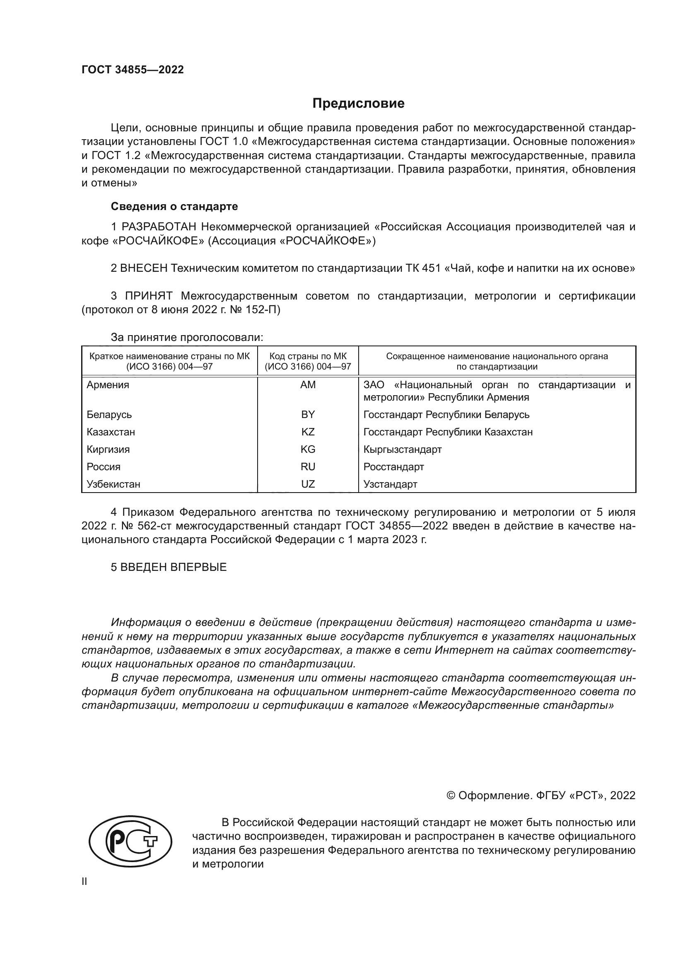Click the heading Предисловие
(x=358, y=104)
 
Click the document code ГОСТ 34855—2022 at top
(x=133, y=70)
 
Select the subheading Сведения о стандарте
(x=174, y=206)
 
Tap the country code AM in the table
(x=308, y=385)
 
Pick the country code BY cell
(x=308, y=414)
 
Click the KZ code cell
(x=308, y=432)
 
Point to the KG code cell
(x=308, y=449)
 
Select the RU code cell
(x=308, y=467)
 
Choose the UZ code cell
(x=308, y=484)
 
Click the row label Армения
(x=108, y=385)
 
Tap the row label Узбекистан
(x=113, y=484)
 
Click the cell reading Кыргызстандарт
(x=403, y=449)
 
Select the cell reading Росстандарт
(x=393, y=467)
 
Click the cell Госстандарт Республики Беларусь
(x=446, y=414)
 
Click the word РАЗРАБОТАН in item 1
(x=159, y=227)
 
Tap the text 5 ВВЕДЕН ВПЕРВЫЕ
(x=169, y=567)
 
